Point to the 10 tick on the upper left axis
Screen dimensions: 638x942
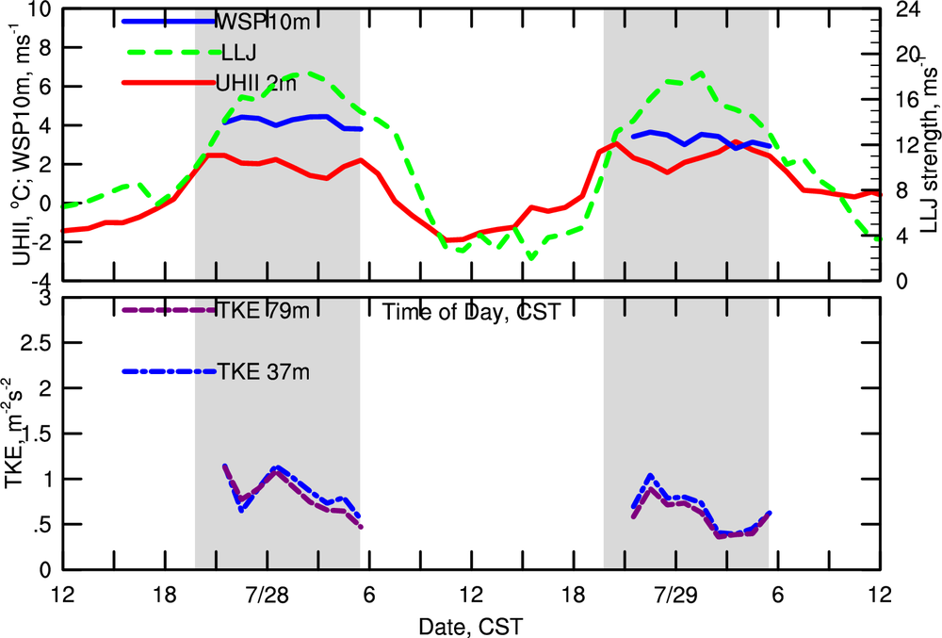tap(39, 10)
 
